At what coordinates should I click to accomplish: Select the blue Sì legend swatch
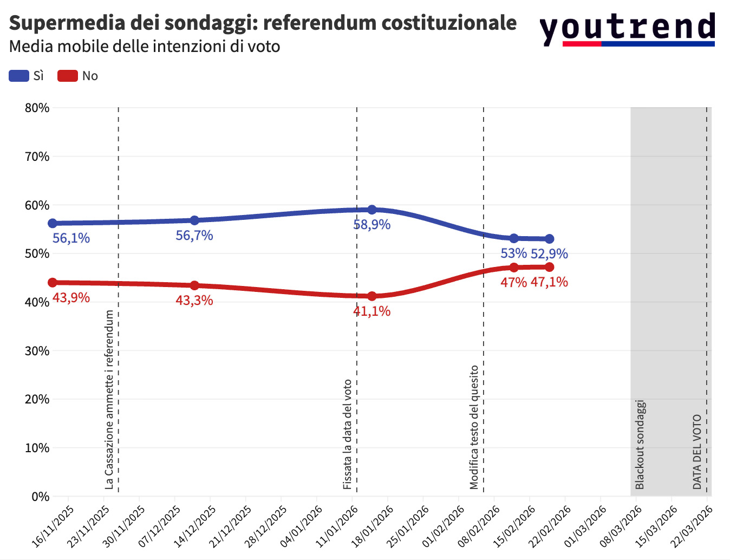click(19, 76)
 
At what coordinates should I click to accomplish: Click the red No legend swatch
click(68, 76)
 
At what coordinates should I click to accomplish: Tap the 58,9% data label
click(372, 224)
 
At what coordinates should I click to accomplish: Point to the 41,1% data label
click(372, 311)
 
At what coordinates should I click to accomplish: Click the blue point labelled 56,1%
click(53, 223)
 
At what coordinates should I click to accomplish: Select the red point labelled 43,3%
click(194, 285)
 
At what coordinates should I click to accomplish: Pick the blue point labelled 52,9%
click(549, 239)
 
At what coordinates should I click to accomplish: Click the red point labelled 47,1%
click(549, 267)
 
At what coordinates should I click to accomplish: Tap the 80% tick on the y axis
click(37, 108)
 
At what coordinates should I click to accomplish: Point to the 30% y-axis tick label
click(37, 351)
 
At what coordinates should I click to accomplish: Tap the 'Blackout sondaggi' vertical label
click(640, 445)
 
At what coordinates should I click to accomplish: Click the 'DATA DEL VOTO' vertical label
click(698, 452)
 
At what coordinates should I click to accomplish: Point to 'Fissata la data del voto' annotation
click(348, 434)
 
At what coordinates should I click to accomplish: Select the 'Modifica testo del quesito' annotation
click(474, 427)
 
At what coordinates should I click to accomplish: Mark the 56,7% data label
click(194, 235)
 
